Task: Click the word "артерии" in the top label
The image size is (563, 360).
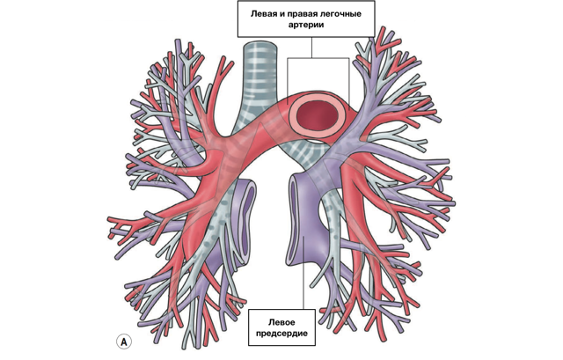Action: (306, 26)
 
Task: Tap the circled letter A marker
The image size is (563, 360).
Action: (124, 342)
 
